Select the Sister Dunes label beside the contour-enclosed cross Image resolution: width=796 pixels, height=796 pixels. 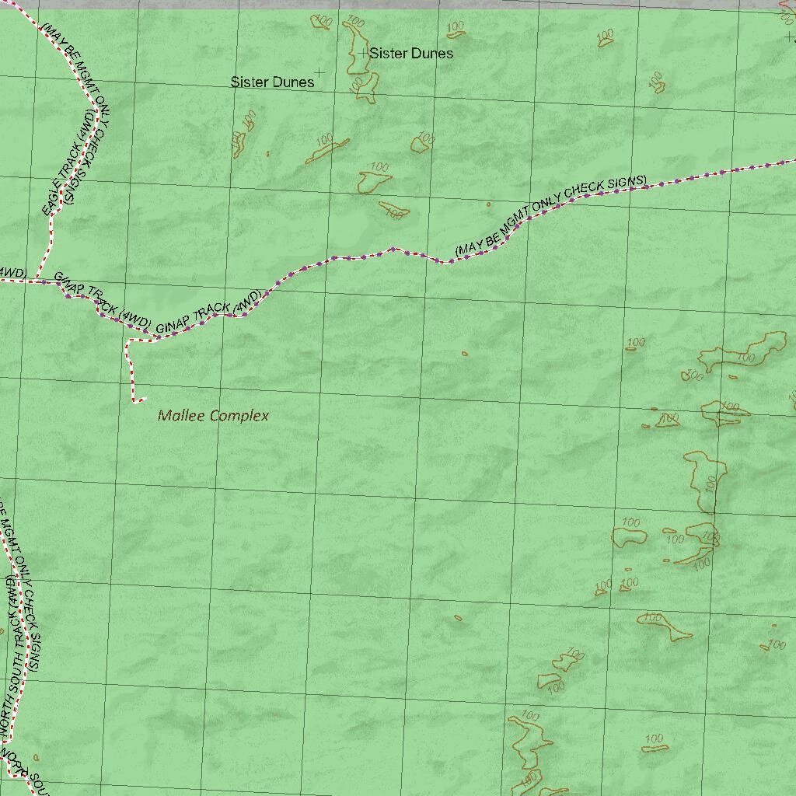411,53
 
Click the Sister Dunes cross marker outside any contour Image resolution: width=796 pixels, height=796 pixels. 319,72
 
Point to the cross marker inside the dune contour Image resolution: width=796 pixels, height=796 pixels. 363,52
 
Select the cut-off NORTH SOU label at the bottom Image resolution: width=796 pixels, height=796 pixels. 23,770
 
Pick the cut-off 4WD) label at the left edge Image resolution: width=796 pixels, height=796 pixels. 11,272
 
